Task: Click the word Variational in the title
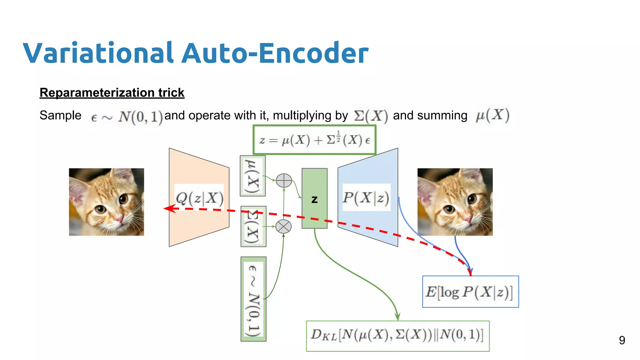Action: pos(98,53)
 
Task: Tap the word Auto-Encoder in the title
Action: pos(275,53)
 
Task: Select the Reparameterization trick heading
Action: pos(112,93)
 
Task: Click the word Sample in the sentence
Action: pos(60,115)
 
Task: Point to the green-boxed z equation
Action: pos(314,140)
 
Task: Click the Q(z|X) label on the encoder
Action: pos(199,198)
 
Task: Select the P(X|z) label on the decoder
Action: pos(366,197)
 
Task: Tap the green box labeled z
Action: pos(314,199)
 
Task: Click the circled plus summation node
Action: pos(284,181)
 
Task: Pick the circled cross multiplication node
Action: pos(284,227)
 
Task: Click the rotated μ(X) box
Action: pos(252,176)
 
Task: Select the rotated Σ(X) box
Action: pos(253,227)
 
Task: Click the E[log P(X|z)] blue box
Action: pos(470,292)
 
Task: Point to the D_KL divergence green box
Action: pos(397,336)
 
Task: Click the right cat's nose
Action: pos(468,219)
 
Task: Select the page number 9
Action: pos(622,340)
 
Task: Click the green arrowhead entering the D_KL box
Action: pos(397,317)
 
